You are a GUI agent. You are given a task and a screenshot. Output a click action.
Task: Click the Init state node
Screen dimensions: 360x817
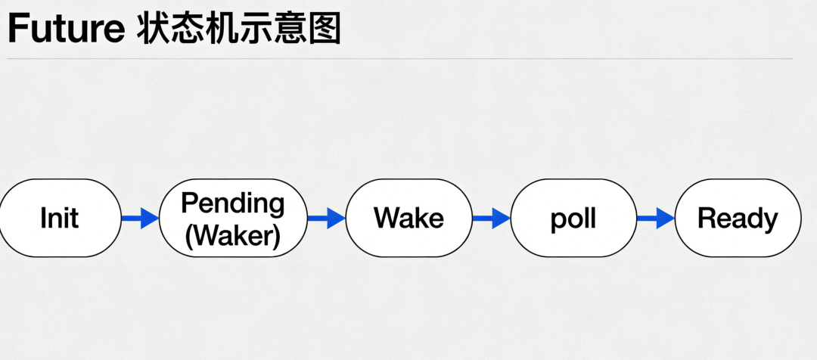point(61,219)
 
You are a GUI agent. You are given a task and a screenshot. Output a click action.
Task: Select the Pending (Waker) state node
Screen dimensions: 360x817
point(233,219)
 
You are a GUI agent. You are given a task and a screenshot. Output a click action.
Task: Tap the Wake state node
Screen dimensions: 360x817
point(408,219)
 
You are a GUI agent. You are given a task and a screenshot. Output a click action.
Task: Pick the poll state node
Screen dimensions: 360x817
point(573,219)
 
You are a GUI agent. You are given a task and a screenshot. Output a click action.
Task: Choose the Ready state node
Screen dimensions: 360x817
point(738,219)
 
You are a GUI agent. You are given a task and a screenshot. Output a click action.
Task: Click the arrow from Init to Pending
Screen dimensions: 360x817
point(140,219)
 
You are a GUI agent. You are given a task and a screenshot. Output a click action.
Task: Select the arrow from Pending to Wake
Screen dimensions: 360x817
point(326,219)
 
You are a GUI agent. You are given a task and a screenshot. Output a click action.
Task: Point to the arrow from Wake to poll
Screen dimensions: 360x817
point(492,219)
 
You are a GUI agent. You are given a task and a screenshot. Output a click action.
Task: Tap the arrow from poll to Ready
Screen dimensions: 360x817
point(655,219)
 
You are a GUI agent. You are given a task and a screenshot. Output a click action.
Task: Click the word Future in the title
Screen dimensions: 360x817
point(66,29)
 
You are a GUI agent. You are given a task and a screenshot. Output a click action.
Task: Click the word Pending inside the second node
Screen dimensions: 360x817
point(233,203)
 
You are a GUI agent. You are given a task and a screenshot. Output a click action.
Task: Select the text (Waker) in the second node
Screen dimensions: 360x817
point(233,235)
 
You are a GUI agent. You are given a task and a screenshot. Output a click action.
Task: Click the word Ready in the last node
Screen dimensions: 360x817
point(738,219)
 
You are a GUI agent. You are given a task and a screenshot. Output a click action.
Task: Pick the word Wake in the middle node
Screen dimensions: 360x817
point(408,219)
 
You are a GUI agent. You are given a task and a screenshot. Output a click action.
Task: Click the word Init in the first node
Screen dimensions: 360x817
point(60,219)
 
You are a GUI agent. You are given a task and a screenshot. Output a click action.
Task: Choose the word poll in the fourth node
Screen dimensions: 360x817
point(573,219)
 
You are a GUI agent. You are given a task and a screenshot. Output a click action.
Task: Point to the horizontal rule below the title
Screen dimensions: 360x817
point(399,58)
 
